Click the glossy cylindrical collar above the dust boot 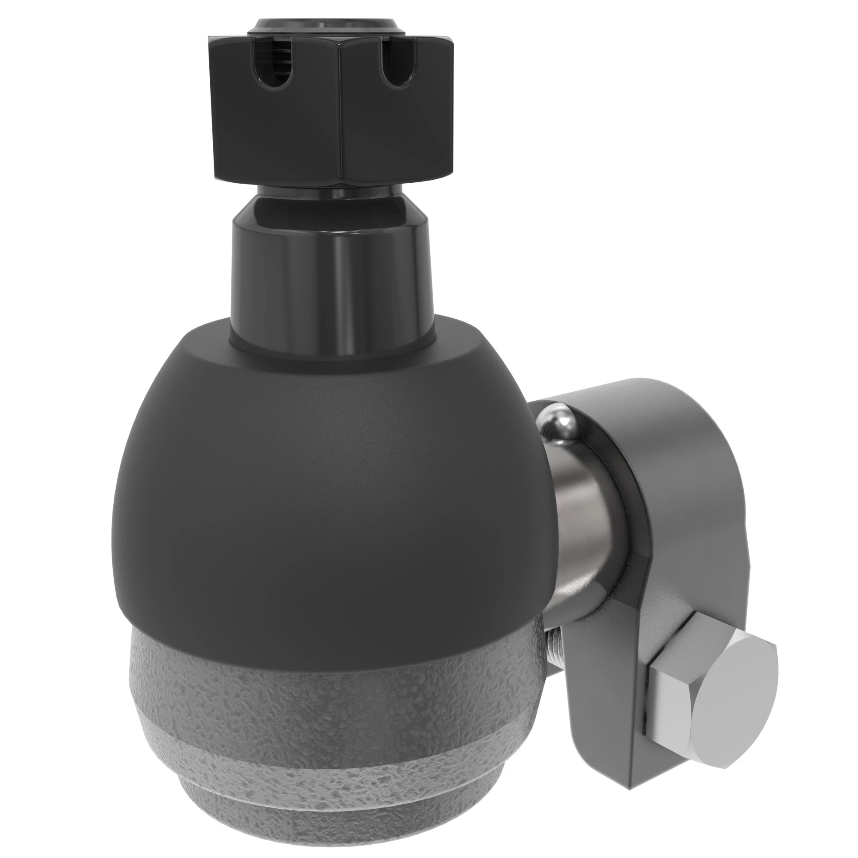pyautogui.click(x=331, y=275)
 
